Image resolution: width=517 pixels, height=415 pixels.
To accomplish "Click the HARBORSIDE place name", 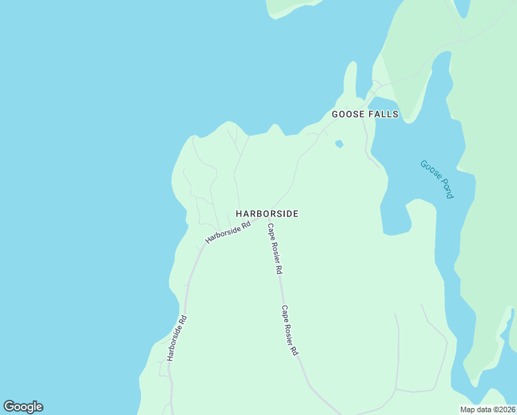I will pyautogui.click(x=267, y=214).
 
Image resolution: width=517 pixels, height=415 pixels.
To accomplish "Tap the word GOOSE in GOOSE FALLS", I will pyautogui.click(x=347, y=114).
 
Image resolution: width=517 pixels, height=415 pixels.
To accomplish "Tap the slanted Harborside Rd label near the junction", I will pyautogui.click(x=227, y=232).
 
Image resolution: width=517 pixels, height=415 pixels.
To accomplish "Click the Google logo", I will pyautogui.click(x=23, y=407).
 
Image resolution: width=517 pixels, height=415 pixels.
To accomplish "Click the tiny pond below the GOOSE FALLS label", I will pyautogui.click(x=339, y=144).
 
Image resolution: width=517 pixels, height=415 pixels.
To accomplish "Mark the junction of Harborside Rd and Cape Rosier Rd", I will pyautogui.click(x=261, y=221).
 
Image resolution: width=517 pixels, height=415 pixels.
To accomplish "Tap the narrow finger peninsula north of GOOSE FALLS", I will pyautogui.click(x=350, y=80).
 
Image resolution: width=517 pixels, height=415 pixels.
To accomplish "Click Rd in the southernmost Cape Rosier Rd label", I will pyautogui.click(x=294, y=350).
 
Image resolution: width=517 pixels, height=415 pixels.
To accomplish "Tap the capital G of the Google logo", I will pyautogui.click(x=9, y=407).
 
